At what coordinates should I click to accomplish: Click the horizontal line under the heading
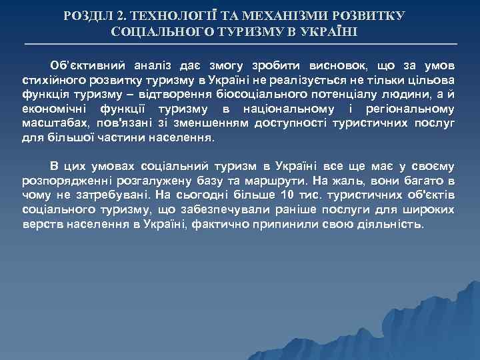click(x=240, y=44)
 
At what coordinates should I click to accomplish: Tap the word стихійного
click(x=50, y=79)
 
